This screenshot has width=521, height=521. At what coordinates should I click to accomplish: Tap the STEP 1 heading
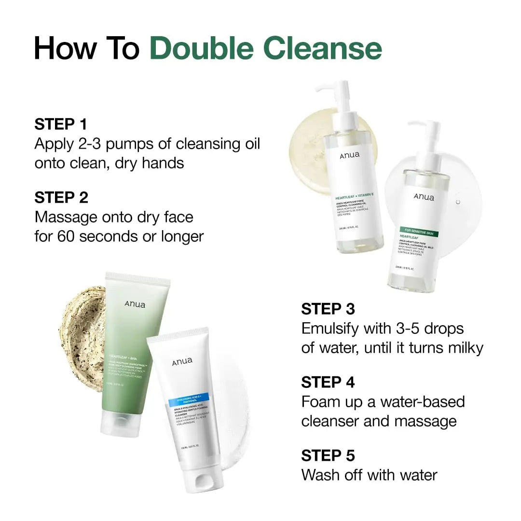61,124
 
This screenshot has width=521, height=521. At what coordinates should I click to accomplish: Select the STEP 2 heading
61,197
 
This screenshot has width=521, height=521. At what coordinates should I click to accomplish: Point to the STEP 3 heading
328,309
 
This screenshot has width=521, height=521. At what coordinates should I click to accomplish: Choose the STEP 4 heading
328,382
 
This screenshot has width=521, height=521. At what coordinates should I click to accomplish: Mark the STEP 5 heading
328,455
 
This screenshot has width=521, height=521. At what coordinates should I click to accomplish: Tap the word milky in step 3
461,348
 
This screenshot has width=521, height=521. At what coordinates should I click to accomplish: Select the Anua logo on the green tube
135,304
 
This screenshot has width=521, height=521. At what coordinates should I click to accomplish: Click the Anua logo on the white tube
182,361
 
